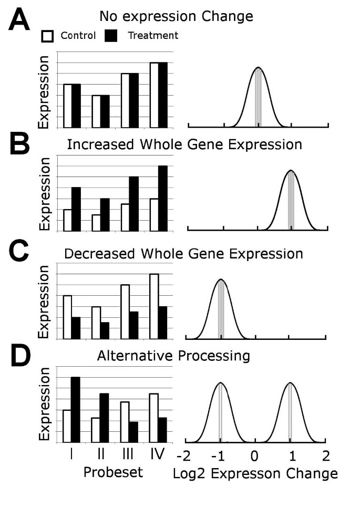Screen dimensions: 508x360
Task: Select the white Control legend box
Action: point(48,36)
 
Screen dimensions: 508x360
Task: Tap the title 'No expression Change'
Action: point(176,16)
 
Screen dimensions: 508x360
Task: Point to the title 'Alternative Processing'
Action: point(173,356)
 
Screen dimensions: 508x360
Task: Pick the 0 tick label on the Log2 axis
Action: point(255,455)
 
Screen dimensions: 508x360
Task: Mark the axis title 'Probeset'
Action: point(113,472)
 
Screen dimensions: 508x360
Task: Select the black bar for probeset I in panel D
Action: point(76,410)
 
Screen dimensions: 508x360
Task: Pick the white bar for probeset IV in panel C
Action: point(154,306)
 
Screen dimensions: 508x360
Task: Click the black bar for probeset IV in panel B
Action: point(162,198)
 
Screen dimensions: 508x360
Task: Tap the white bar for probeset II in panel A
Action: point(96,111)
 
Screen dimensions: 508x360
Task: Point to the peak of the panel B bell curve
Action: point(291,171)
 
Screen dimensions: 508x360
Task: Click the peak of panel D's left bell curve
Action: point(220,383)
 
